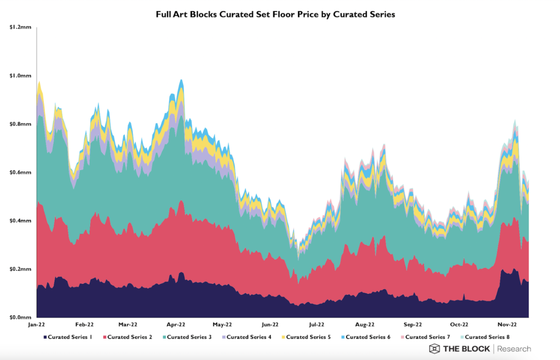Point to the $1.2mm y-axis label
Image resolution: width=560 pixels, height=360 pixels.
(21, 27)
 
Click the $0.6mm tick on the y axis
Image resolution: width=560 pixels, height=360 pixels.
(21, 172)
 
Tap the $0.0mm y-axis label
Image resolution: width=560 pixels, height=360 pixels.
(21, 317)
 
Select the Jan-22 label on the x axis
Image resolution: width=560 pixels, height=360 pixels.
(37, 324)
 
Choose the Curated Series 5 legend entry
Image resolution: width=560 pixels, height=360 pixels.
(305, 337)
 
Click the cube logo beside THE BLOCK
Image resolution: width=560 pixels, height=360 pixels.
(434, 349)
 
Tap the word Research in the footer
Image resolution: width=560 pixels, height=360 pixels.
(515, 349)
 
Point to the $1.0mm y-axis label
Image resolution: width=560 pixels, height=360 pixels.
(21, 76)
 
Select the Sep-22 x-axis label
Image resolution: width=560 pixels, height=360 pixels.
(413, 324)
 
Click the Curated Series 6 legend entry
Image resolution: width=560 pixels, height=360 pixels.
(365, 337)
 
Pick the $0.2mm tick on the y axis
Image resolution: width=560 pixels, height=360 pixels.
(21, 269)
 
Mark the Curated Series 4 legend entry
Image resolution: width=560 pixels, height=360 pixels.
(246, 337)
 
